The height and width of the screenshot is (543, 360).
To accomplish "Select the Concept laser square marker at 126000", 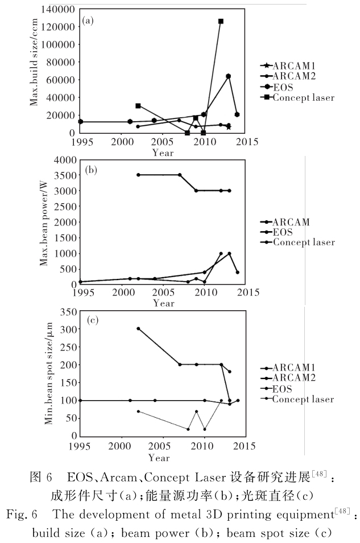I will [x=221, y=21].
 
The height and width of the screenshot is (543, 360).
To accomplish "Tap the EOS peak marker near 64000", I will [x=228, y=76].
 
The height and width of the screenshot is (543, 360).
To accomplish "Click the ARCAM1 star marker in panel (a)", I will [x=229, y=127].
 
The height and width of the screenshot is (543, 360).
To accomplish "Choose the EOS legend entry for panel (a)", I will [x=284, y=87].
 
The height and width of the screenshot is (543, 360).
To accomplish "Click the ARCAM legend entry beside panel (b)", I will [x=291, y=222].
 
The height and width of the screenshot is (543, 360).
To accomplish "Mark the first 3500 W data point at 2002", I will [x=138, y=175].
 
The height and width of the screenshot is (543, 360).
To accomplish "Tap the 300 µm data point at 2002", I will [x=138, y=328].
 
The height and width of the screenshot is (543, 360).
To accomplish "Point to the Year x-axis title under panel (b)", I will [x=163, y=303].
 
